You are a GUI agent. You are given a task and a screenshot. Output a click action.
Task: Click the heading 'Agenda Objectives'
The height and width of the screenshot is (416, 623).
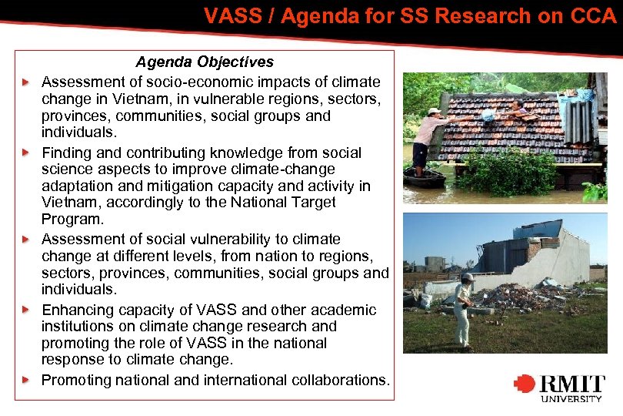(x=205, y=62)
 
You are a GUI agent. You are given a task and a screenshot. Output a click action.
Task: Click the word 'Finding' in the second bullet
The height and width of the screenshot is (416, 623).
(x=66, y=153)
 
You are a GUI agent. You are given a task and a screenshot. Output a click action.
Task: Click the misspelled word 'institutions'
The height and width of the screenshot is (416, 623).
(x=79, y=327)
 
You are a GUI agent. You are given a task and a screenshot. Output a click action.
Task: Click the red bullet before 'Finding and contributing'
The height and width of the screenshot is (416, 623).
(x=26, y=153)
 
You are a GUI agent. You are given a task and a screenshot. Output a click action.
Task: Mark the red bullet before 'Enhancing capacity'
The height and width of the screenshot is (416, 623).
(x=26, y=310)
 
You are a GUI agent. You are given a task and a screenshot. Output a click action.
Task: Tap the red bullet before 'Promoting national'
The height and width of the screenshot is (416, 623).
(x=26, y=381)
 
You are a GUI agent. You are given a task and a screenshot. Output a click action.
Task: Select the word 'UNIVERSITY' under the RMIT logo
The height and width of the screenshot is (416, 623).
(x=571, y=398)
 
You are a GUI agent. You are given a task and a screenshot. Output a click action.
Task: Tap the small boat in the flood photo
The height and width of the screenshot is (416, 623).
(x=424, y=179)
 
